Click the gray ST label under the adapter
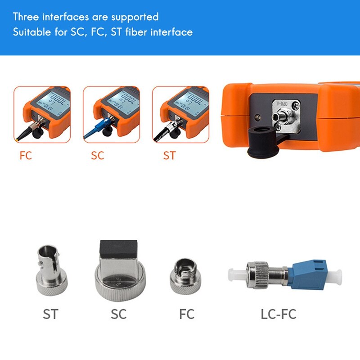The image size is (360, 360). point(51,313)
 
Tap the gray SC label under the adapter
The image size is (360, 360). point(119,313)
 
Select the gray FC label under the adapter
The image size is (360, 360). point(186,313)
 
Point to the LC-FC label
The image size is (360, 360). point(279,313)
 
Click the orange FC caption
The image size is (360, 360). point(26,156)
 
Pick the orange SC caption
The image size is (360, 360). point(97,156)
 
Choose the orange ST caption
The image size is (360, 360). point(169,156)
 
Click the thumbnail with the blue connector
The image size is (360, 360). point(111,114)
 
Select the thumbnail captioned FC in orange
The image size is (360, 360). point(42,114)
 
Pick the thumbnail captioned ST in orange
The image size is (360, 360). point(180,114)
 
